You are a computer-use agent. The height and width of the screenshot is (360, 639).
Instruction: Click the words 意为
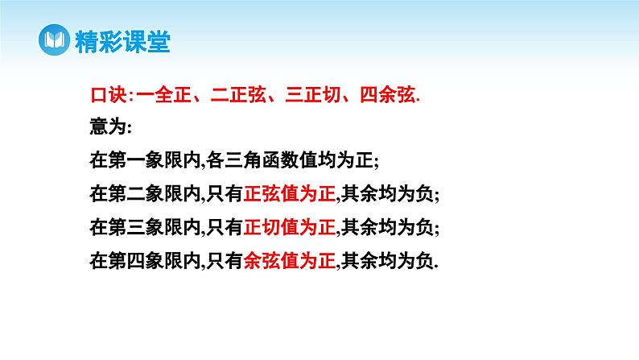coord(107,127)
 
